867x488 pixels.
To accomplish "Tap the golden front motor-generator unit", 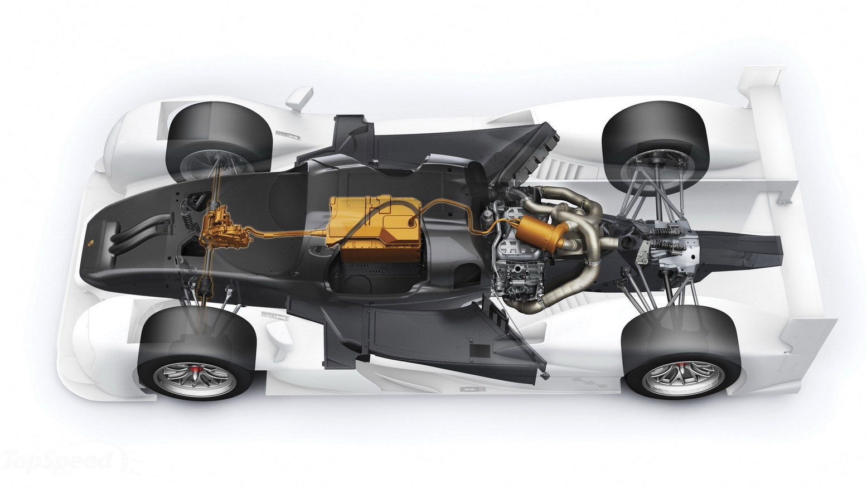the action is (x=225, y=229).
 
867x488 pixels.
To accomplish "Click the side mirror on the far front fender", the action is (x=299, y=99).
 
